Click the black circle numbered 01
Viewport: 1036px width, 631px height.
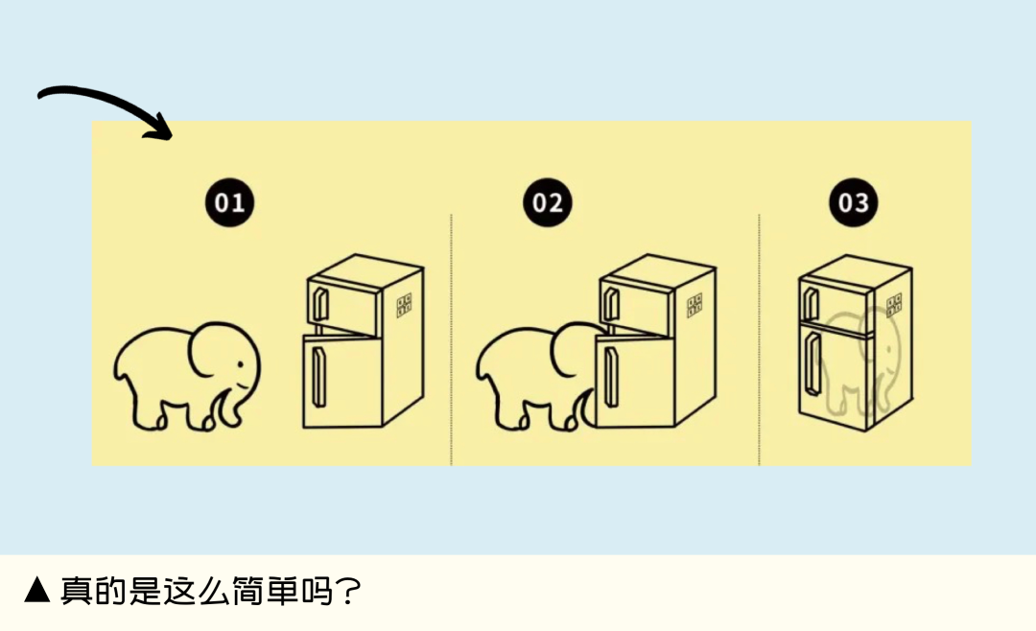(x=229, y=202)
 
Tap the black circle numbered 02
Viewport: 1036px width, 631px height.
(x=547, y=202)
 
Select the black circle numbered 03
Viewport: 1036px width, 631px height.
(x=853, y=202)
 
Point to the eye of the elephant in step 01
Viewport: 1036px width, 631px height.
(x=240, y=364)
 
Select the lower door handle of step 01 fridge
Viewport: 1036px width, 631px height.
(x=318, y=377)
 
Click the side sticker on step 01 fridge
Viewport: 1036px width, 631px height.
(x=404, y=305)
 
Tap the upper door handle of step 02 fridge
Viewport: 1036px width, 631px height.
(x=612, y=303)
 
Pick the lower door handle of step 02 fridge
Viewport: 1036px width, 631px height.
(x=610, y=377)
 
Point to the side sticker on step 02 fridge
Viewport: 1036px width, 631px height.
(x=695, y=305)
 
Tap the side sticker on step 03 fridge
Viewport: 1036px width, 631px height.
(x=894, y=305)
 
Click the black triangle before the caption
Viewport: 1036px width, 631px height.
(x=37, y=590)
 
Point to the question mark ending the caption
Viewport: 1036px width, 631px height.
(x=347, y=591)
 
